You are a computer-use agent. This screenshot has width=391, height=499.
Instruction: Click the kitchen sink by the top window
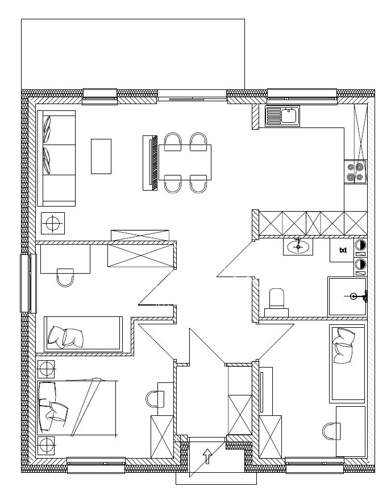tap(282, 116)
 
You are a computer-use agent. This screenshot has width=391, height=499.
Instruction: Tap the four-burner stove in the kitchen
tap(355, 172)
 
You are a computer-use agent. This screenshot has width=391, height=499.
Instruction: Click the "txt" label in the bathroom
tap(343, 250)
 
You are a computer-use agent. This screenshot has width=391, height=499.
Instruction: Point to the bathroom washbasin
tap(298, 246)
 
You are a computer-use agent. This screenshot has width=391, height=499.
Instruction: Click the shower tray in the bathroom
tap(347, 296)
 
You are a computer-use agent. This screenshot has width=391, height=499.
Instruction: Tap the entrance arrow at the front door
tap(207, 456)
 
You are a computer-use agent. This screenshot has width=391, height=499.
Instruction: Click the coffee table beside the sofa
tap(101, 156)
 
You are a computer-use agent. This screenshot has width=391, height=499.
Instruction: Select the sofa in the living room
tap(56, 158)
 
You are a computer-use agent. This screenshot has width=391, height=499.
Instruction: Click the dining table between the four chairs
tap(185, 162)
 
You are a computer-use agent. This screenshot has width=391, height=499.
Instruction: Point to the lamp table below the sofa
tap(53, 223)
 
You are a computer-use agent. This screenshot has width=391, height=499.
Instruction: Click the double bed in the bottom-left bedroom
tap(77, 407)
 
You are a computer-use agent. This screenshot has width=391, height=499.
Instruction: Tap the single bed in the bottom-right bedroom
tap(347, 363)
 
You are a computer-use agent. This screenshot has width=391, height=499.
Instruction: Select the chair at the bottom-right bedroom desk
tap(331, 431)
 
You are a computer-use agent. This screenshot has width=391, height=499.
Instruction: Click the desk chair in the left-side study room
tap(65, 278)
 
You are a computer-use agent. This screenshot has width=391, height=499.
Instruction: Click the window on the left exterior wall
tap(28, 283)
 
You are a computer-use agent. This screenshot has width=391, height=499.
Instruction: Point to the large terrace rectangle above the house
tap(133, 54)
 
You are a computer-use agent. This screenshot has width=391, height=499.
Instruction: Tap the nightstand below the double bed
tap(46, 446)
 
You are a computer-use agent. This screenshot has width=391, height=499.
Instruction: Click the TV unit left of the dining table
tap(150, 163)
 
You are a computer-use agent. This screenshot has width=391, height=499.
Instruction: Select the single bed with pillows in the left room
tap(83, 334)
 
